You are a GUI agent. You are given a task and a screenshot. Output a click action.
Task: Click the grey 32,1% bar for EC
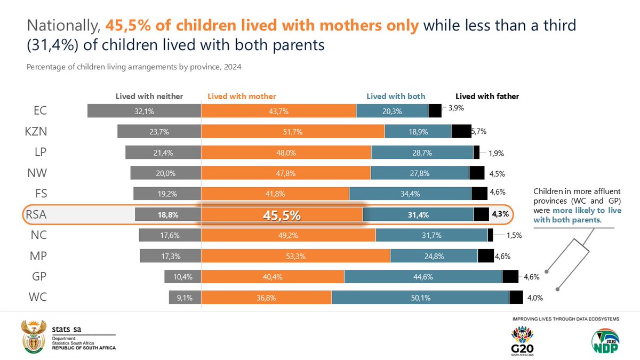point(144,110)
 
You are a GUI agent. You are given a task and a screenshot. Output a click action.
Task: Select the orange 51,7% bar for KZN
point(292,131)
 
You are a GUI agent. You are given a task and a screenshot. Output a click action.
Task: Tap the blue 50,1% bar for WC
point(420,298)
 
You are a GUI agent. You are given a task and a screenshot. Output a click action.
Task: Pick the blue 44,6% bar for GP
point(423,276)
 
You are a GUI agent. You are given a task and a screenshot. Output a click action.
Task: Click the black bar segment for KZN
point(460,131)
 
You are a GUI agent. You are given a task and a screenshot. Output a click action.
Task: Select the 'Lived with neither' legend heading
point(149,97)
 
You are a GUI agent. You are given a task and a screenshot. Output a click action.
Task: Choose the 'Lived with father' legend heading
point(487,97)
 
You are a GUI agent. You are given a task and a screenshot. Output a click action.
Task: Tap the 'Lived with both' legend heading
point(396,97)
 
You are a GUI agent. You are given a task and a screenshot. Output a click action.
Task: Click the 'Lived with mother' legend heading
point(242,97)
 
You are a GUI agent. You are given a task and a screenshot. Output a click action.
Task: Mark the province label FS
point(39,193)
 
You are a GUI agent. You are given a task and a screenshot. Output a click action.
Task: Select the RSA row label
point(36,215)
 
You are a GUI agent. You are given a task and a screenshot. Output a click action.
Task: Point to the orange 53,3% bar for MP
point(295,256)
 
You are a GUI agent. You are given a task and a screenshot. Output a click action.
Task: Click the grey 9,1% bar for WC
point(185,298)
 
